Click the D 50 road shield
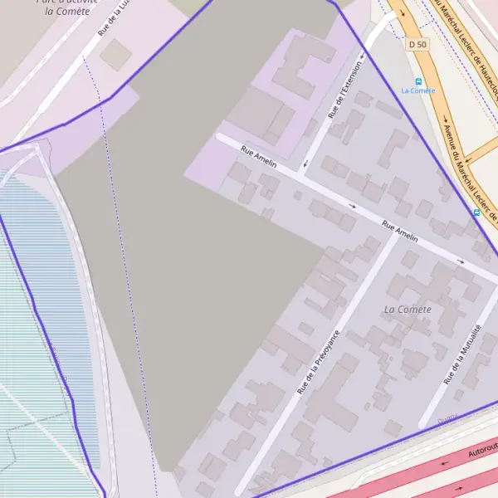417,43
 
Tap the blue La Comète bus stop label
417,90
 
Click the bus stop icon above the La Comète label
418,81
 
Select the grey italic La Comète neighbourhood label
408,310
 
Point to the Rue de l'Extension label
346,89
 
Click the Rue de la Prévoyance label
319,362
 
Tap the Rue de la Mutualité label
462,354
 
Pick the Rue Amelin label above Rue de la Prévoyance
399,230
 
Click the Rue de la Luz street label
115,18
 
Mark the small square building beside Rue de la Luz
115,55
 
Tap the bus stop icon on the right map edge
476,212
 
